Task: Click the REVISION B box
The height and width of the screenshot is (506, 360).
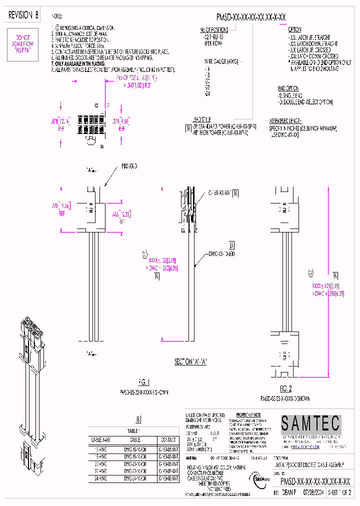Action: tap(23, 15)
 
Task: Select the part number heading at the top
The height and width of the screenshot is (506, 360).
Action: tap(250, 17)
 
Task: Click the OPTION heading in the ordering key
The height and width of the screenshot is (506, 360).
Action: tap(294, 29)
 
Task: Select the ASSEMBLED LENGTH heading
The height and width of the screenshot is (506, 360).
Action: tap(285, 121)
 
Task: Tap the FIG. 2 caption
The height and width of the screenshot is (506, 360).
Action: tap(285, 388)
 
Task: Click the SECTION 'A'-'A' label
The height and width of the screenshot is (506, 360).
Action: tap(190, 361)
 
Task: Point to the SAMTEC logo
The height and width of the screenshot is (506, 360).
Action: tap(309, 424)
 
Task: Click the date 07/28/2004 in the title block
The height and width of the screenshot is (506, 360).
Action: tap(314, 492)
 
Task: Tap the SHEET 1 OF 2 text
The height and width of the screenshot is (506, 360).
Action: tap(339, 492)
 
